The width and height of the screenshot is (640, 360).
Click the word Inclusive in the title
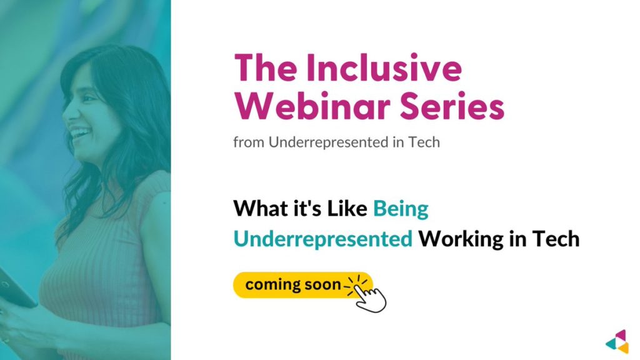(x=384, y=67)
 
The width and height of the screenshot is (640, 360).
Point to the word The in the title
(x=266, y=67)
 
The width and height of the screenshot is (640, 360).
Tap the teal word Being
(x=401, y=209)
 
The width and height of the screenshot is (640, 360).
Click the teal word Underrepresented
(x=323, y=239)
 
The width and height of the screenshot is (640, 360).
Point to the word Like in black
(x=347, y=208)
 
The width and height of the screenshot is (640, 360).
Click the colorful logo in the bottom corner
(x=617, y=341)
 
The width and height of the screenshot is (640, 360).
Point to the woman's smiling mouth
(x=79, y=133)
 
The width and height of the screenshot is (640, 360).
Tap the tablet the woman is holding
(x=14, y=287)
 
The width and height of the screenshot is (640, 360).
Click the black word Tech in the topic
(x=556, y=239)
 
